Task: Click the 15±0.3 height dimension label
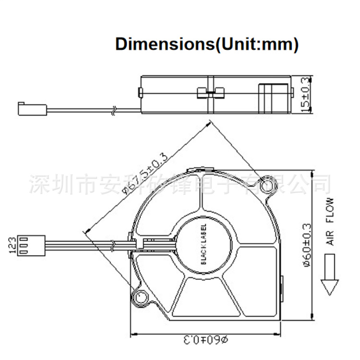[305, 95]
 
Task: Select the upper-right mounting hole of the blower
[266, 183]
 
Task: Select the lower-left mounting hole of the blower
[142, 297]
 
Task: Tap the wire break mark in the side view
[113, 110]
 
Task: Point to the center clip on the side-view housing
[211, 93]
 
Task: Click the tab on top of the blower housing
[204, 169]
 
